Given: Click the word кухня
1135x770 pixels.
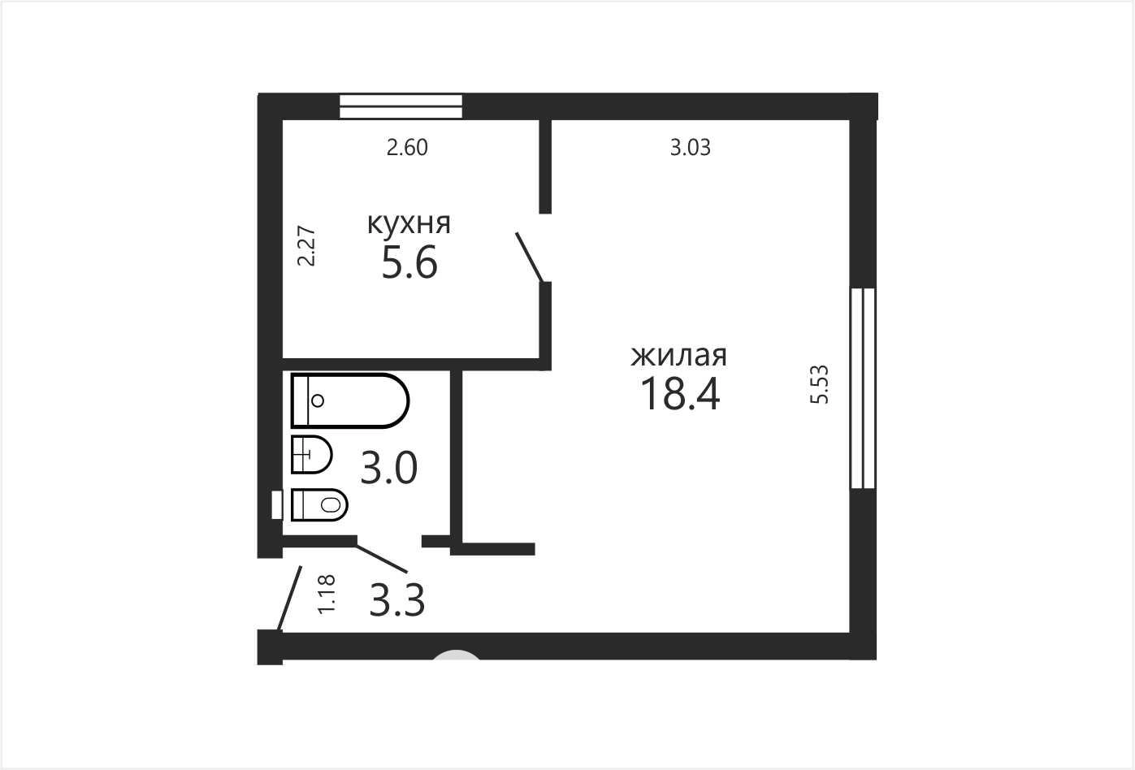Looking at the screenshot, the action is coord(409,224).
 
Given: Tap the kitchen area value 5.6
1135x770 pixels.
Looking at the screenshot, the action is coord(409,262).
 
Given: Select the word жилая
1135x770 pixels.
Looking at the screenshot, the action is coord(679,356).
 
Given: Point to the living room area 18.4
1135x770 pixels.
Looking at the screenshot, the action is coord(680,394).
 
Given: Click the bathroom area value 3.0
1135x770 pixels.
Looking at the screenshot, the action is coord(389,468).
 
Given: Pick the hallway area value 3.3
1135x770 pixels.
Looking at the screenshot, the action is coord(396,600).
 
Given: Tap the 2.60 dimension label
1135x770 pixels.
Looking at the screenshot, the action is coord(407,148).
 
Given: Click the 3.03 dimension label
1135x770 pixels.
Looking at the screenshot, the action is coord(691,148).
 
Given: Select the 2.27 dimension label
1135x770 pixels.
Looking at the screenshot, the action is coord(306,245).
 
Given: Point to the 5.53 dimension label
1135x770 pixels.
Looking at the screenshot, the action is coord(819,384).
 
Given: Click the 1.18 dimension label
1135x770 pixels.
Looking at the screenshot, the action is coord(327,595).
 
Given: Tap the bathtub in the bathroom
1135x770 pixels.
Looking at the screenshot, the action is coord(350,400).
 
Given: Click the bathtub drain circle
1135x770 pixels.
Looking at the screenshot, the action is coord(318,400).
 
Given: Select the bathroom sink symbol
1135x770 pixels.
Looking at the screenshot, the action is coord(311,454).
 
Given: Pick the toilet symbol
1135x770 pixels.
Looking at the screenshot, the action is coord(319,504).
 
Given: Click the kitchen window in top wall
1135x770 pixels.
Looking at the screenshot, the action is coord(401,106).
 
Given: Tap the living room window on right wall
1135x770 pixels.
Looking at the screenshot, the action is coord(863,388).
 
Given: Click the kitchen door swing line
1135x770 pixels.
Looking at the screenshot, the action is coord(530,257).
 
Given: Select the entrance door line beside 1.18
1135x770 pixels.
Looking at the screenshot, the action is coord(290,599).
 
